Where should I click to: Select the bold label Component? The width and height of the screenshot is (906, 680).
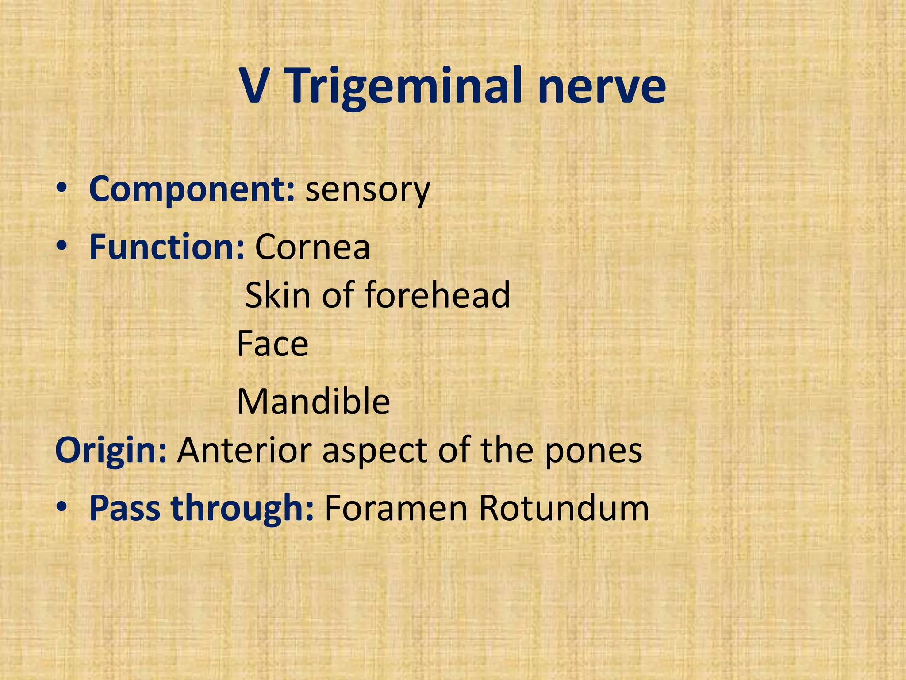click(192, 189)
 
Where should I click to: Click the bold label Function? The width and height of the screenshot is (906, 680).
click(167, 247)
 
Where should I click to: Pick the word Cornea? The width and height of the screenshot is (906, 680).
click(312, 247)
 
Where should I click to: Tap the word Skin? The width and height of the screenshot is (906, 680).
click(277, 295)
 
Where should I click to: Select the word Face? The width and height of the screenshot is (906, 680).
click(273, 344)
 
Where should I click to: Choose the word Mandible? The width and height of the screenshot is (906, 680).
click(313, 402)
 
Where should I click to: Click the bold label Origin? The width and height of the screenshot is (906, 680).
click(111, 451)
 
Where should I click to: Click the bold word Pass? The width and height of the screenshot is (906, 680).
click(125, 508)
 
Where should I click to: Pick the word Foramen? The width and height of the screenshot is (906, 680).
click(396, 508)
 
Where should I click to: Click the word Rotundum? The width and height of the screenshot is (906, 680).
click(564, 508)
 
